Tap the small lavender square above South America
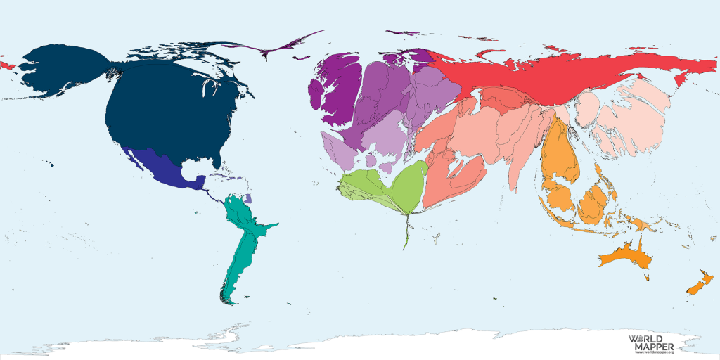pyautogui.click(x=247, y=200)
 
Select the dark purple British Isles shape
pyautogui.click(x=333, y=91)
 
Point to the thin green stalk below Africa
pyautogui.click(x=406, y=232)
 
